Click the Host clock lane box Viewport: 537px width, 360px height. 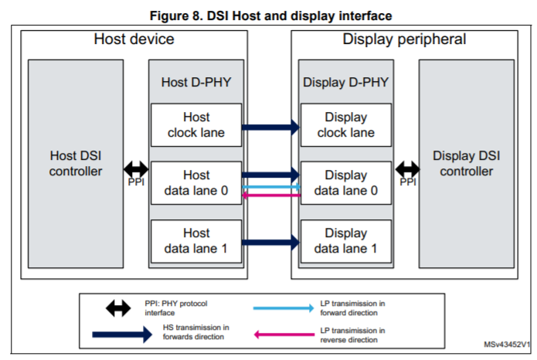coord(196,125)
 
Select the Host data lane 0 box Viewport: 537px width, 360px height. coord(196,183)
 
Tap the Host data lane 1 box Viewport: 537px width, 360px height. coord(196,240)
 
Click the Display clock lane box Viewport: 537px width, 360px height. coord(345,125)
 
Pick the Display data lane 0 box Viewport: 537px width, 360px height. coord(345,183)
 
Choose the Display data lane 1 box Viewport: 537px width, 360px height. coord(345,240)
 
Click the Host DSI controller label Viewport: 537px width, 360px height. coord(76,163)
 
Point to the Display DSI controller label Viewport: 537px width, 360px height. coord(466,163)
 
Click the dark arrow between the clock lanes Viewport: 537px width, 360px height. coord(270,126)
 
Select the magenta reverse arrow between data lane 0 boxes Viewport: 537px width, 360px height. coord(270,196)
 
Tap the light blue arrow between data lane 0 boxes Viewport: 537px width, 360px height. coord(270,186)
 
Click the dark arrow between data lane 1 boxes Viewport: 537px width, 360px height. coord(270,241)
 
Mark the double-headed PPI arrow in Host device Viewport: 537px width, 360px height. coord(136,168)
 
